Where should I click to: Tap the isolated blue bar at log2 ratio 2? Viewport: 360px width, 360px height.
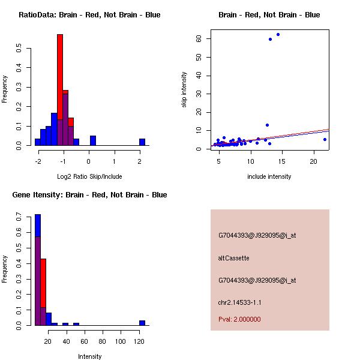(142, 142)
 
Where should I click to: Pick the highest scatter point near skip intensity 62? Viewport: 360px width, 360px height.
(278, 34)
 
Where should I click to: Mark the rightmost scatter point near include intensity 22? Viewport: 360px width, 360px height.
(325, 139)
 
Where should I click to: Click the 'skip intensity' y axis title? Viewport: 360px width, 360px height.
(184, 90)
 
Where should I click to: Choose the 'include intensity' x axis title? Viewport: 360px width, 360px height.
(269, 176)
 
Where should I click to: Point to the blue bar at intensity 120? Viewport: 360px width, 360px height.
(142, 323)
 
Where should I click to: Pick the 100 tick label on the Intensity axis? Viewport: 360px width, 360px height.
(121, 341)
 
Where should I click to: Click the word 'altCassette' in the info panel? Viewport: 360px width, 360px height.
(233, 258)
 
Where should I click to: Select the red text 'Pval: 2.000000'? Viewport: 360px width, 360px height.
(239, 319)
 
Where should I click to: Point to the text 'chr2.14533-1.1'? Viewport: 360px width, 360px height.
(240, 302)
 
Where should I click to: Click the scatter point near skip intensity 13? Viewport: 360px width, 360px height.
(267, 125)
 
